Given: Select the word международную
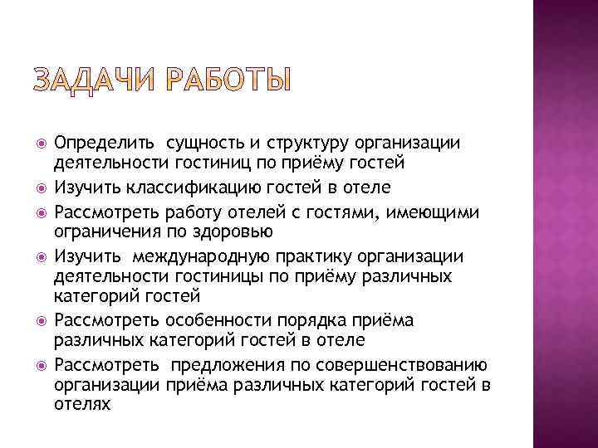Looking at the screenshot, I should pos(213,256).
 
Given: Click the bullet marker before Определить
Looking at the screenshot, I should pos(37,144).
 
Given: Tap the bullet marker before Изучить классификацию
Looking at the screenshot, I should pos(37,187).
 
